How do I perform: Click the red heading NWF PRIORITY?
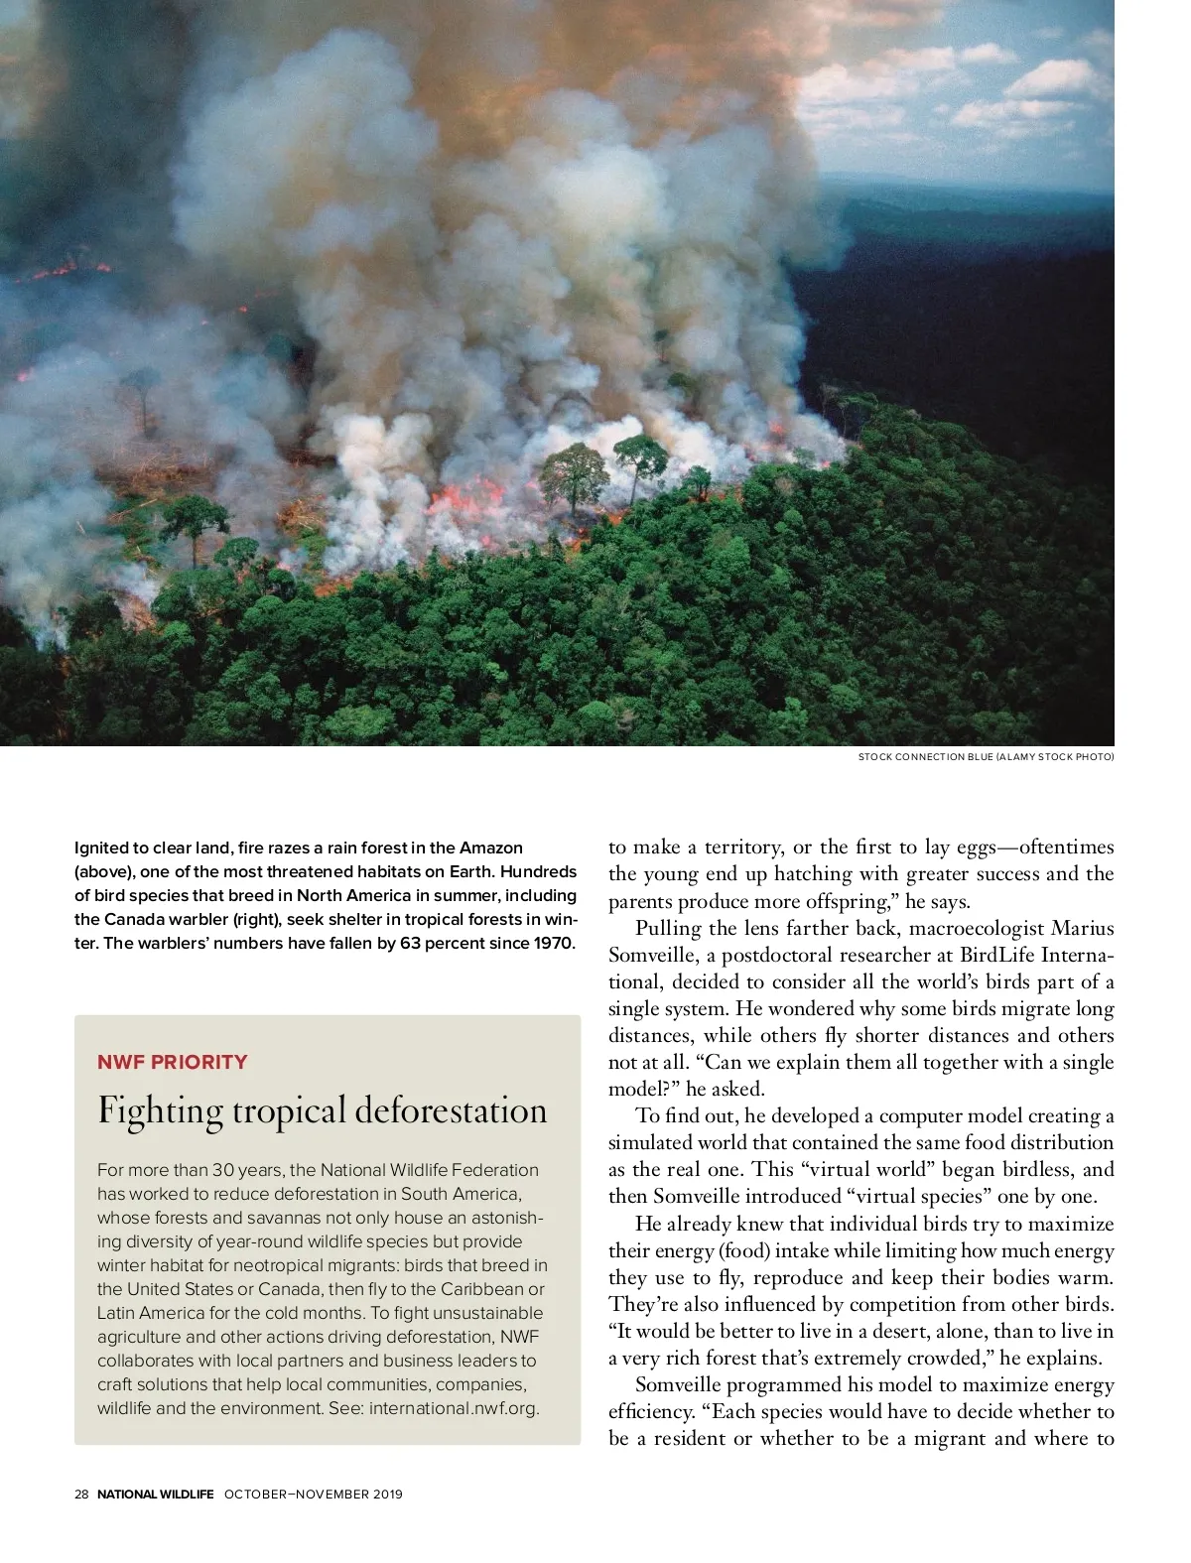173,1062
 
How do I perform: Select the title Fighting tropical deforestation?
323,1110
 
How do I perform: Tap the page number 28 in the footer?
81,1495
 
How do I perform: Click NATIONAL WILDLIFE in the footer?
156,1495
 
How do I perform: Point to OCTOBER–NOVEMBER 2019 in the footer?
314,1495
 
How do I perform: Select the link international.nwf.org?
453,1408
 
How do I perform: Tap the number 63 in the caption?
411,943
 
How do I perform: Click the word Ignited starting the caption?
102,847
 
